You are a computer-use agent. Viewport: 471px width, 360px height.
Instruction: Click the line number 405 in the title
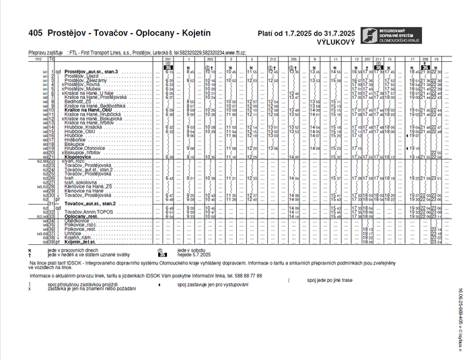36,33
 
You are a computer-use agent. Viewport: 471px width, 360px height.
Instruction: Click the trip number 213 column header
273,60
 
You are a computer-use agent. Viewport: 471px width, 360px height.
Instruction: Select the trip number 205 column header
293,60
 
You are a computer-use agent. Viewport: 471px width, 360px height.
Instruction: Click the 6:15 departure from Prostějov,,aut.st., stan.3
170,71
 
